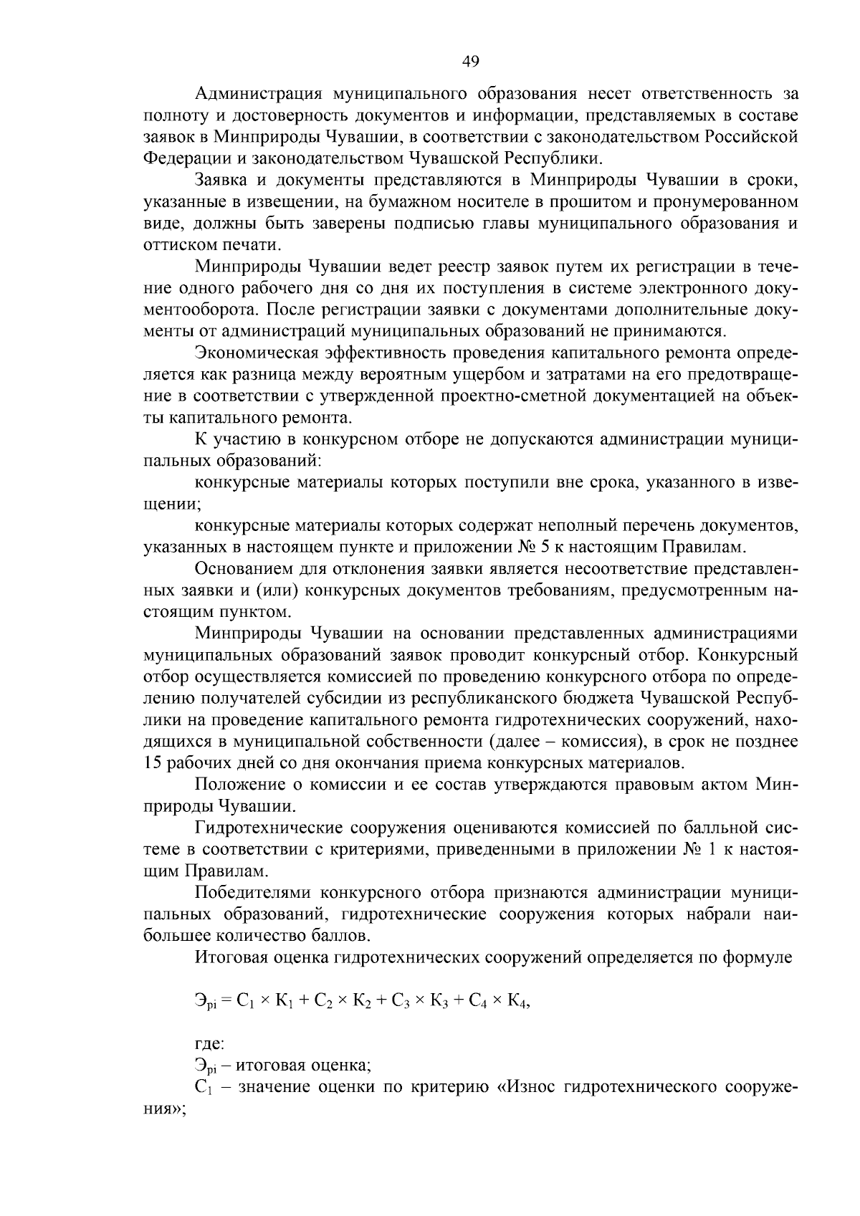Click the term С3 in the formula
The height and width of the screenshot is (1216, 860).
pyautogui.click(x=400, y=1002)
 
